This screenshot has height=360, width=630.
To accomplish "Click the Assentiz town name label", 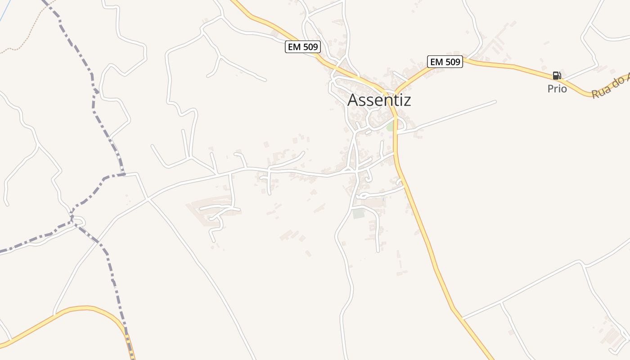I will click(379, 100).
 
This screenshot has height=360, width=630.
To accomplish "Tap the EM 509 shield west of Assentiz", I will click(302, 47).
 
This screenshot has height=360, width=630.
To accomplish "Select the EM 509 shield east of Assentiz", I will click(445, 62).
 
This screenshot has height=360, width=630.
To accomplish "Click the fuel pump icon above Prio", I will click(557, 76).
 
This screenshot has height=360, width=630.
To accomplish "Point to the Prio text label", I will click(557, 89).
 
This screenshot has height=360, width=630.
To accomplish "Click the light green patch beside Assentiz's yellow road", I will click(390, 127).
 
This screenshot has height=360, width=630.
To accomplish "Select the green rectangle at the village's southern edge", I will click(358, 213).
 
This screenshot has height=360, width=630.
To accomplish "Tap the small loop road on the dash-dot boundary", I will click(78, 221).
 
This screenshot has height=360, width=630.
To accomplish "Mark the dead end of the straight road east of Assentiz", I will click(495, 102).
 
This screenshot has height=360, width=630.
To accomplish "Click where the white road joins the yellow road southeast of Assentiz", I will click(462, 318).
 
